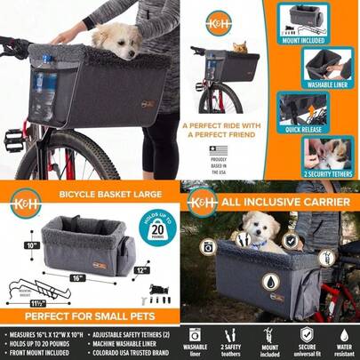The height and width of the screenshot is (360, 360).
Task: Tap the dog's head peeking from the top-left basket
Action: point(116,37)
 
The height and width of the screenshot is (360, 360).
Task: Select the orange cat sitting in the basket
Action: point(239,47)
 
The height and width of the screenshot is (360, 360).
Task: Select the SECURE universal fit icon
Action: point(307,343)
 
